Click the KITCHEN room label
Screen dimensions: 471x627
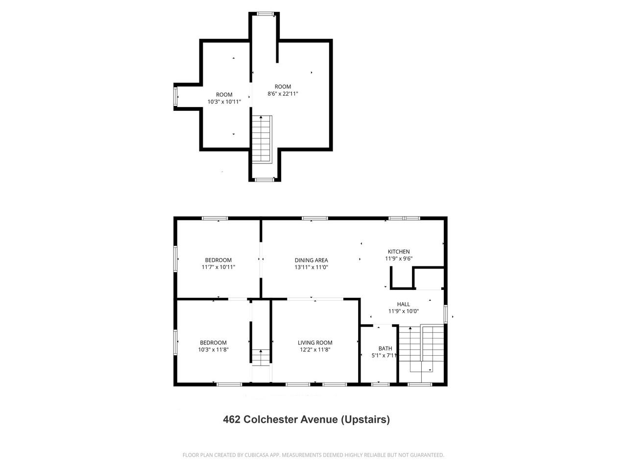399,252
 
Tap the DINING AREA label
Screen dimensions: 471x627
311,260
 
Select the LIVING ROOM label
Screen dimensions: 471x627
315,342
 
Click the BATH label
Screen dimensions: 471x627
385,348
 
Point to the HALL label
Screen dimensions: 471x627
403,304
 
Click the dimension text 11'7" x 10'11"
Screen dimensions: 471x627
218,267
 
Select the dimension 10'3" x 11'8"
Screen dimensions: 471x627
213,350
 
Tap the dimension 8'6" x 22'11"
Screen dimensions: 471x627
283,94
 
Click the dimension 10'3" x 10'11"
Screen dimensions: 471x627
224,102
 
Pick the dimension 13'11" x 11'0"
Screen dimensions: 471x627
311,267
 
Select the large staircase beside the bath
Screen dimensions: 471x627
421,348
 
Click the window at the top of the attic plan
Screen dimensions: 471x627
265,14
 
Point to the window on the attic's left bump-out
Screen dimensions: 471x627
176,96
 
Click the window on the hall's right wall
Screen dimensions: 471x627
445,314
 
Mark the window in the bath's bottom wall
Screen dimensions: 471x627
379,384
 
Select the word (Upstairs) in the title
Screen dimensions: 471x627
365,419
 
